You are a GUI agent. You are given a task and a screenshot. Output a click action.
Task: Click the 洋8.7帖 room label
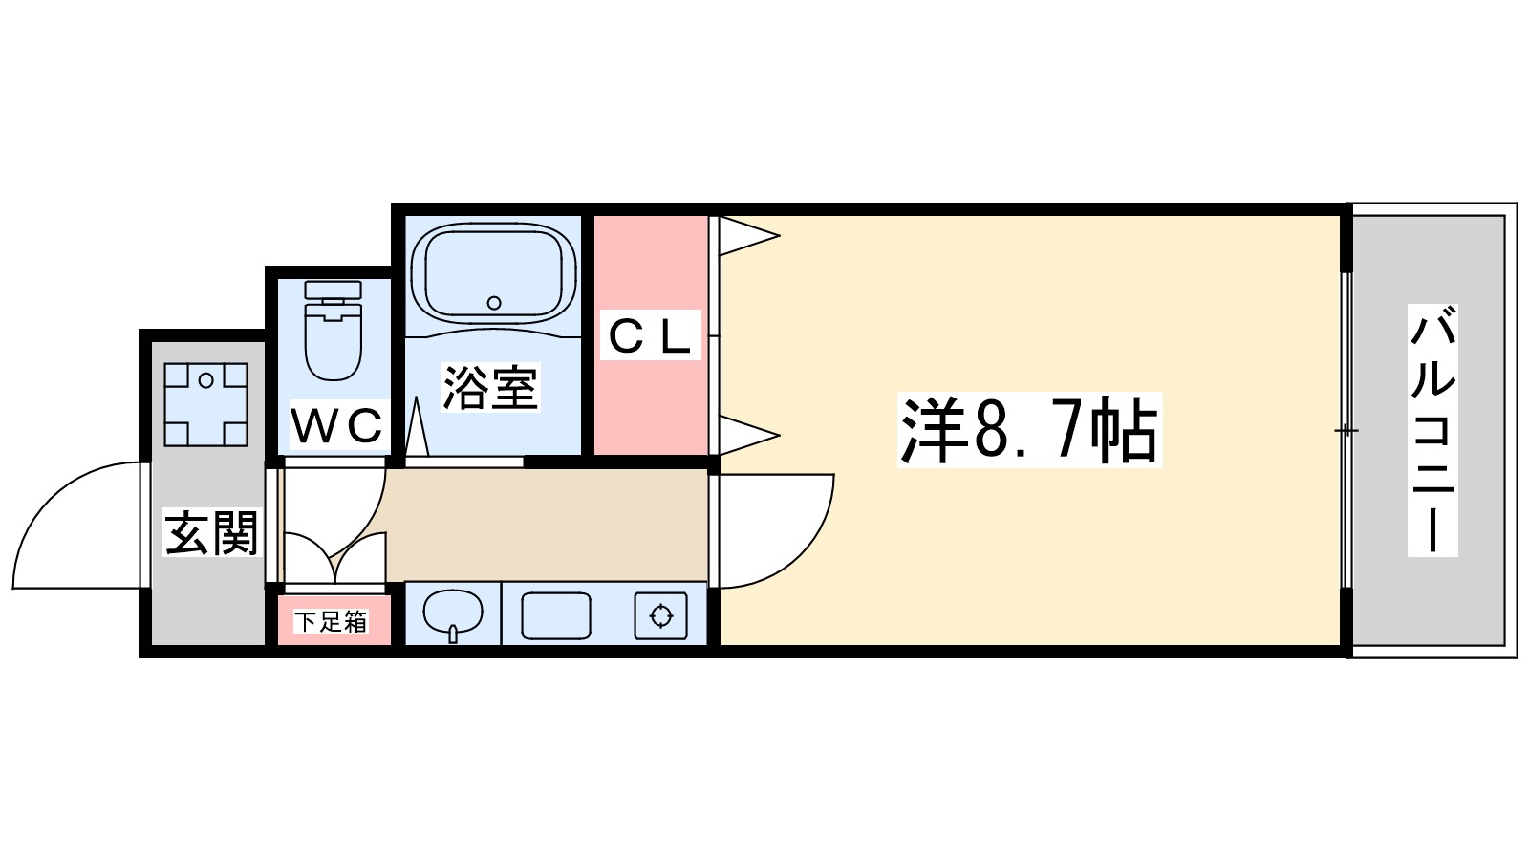click(1029, 430)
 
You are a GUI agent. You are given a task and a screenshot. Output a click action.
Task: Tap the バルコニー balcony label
click(1432, 430)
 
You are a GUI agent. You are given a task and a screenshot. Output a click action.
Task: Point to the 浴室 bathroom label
click(490, 387)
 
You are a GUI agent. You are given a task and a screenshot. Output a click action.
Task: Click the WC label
click(337, 426)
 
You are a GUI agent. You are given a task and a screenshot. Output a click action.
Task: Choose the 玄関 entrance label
click(211, 532)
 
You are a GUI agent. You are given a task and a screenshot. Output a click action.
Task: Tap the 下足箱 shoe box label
click(331, 622)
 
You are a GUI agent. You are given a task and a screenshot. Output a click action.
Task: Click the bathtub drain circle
click(494, 303)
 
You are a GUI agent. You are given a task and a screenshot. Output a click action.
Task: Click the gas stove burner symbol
click(661, 616)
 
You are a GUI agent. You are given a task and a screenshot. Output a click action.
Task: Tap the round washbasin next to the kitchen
click(453, 613)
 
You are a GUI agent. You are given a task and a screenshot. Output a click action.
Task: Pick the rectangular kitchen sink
click(555, 616)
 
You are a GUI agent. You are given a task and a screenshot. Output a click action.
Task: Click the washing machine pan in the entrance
click(205, 404)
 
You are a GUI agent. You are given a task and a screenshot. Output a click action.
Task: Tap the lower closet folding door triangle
click(745, 436)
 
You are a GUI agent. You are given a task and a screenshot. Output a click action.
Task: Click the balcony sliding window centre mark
click(1346, 431)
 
